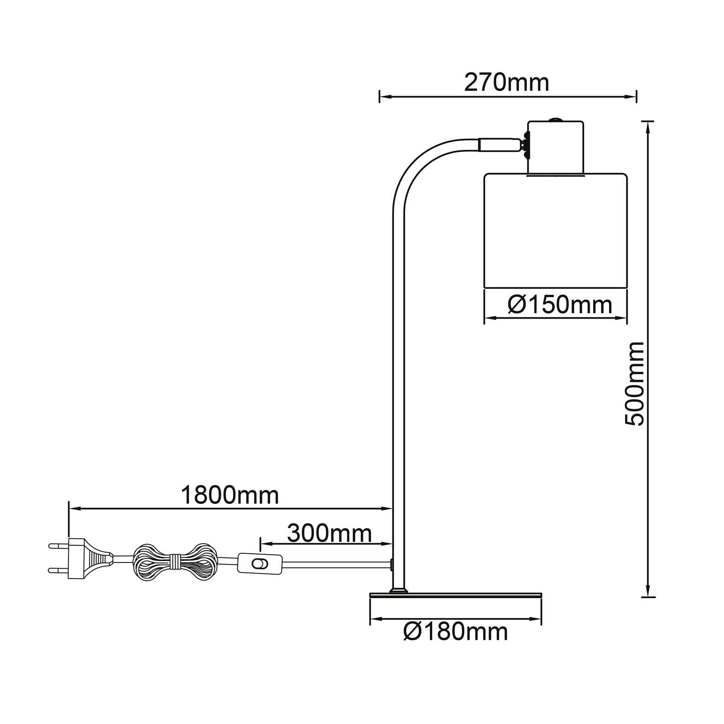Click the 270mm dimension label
[506, 83]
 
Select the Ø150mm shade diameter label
[560, 305]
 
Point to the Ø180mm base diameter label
[455, 631]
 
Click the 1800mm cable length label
[230, 495]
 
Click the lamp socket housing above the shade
[556, 147]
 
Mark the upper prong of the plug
[57, 546]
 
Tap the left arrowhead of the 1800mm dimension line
[74, 509]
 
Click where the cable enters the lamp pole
[391, 564]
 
